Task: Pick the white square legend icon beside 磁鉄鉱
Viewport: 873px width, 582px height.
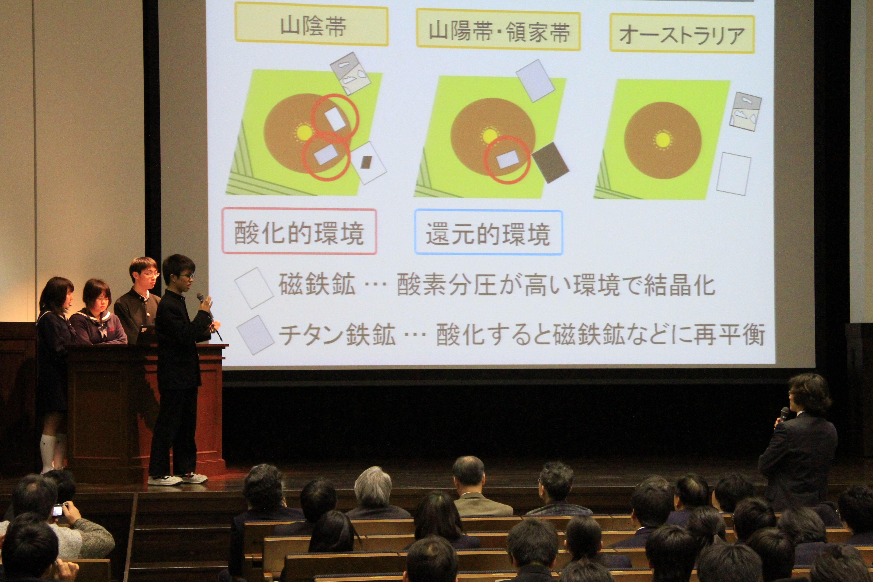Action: click(x=254, y=288)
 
